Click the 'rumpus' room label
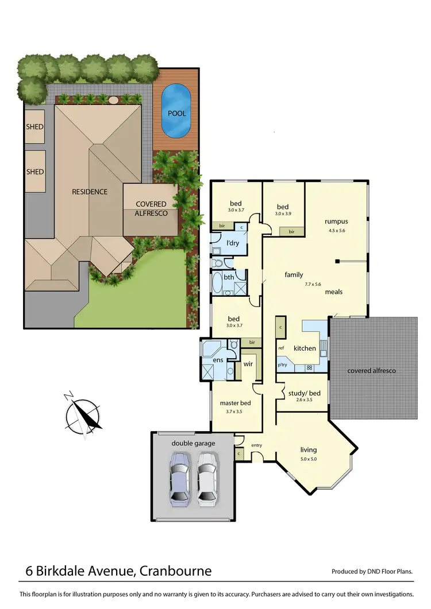(x=336, y=221)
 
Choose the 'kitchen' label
(x=305, y=348)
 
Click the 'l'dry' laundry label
(x=232, y=243)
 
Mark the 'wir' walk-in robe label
(x=248, y=364)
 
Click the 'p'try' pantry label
(x=282, y=365)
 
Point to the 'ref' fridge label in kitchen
(x=281, y=348)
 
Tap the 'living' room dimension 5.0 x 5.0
(x=308, y=459)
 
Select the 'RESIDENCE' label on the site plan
(x=89, y=192)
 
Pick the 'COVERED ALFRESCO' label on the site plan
(x=151, y=208)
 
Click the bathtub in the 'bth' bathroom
(x=217, y=283)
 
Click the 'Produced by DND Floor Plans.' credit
(x=372, y=572)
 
